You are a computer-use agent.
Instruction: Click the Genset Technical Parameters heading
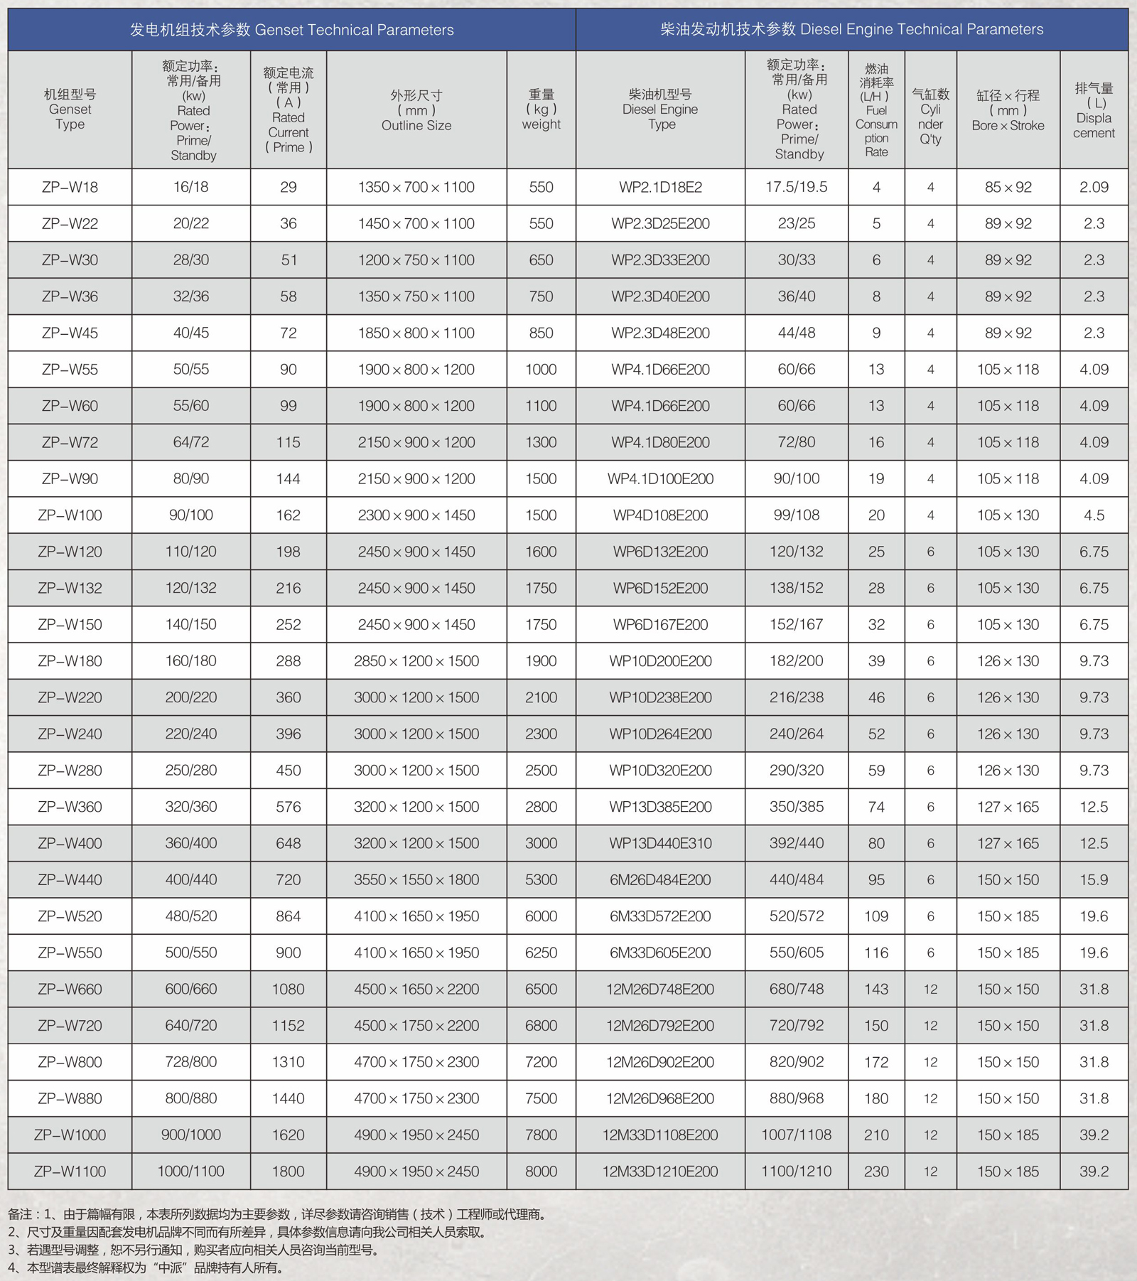tap(291, 30)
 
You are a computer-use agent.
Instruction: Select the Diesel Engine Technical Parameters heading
tap(851, 29)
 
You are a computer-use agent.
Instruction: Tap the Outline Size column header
tap(416, 111)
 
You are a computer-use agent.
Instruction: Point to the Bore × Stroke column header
tap(1008, 110)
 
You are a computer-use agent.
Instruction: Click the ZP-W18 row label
tap(70, 187)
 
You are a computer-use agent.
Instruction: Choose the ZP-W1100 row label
tap(70, 1171)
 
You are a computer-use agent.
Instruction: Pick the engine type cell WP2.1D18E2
tap(660, 187)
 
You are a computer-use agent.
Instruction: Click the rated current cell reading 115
tap(288, 442)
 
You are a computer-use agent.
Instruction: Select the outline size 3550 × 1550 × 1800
tap(416, 879)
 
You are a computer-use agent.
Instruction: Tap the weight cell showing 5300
tap(541, 879)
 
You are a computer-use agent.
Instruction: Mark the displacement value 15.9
tap(1094, 879)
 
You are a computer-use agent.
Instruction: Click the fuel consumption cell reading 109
tap(876, 916)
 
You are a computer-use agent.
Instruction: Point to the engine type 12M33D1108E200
tap(660, 1135)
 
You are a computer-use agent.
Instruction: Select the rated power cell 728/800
tap(191, 1062)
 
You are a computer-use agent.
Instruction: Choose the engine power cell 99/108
tap(797, 515)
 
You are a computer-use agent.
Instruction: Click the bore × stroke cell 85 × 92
tap(1008, 187)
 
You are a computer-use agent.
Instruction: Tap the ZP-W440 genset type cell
tap(70, 879)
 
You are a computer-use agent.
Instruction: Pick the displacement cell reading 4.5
tap(1094, 515)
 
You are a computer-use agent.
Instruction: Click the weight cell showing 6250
tap(541, 953)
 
